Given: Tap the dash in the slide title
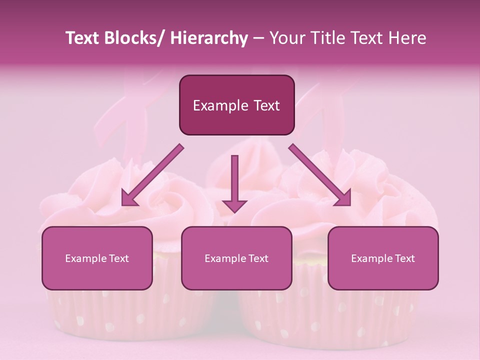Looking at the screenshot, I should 258,38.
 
